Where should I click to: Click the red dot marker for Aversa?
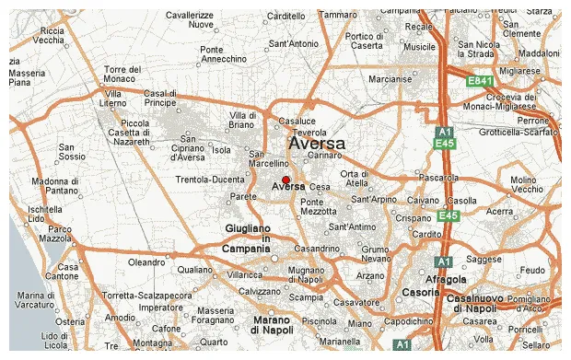(285, 180)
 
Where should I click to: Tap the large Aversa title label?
(317, 144)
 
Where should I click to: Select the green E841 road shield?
(479, 82)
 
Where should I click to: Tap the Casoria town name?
(421, 292)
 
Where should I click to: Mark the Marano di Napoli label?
(273, 324)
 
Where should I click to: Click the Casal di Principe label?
(159, 98)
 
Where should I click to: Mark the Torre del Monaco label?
(122, 75)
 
